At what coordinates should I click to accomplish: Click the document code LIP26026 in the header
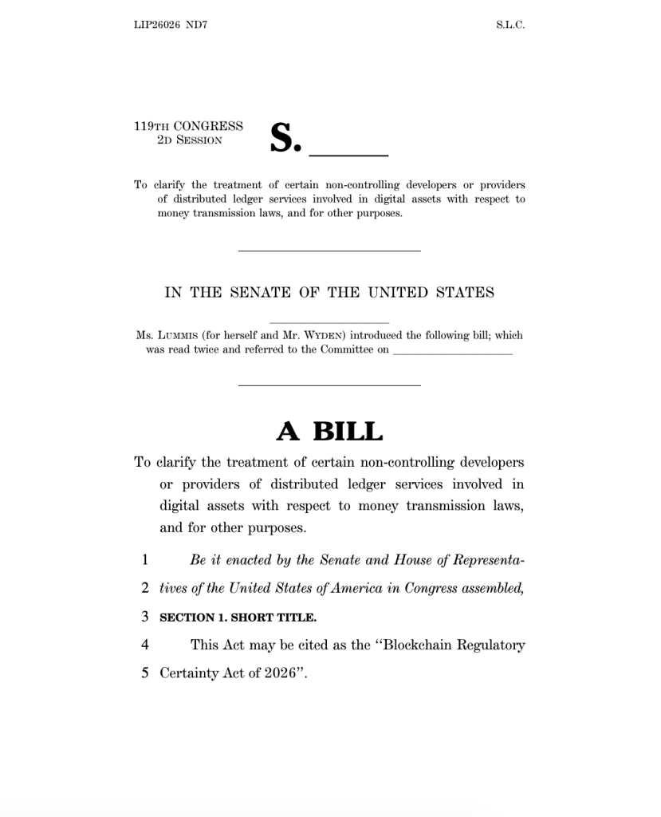click(x=156, y=25)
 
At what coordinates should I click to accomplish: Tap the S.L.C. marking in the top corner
click(x=510, y=25)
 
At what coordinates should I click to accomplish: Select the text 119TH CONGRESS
click(x=188, y=126)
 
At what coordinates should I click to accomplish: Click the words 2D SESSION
click(x=190, y=140)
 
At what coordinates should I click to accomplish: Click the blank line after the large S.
click(x=348, y=152)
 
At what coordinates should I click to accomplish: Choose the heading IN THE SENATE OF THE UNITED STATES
click(x=329, y=293)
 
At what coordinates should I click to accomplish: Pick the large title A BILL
click(x=329, y=432)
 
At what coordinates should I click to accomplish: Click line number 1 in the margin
click(x=145, y=560)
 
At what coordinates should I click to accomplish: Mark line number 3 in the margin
click(x=145, y=617)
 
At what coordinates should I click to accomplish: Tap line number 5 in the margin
click(x=145, y=673)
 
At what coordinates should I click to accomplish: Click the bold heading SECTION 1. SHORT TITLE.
click(x=238, y=618)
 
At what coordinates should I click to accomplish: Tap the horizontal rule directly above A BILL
click(x=329, y=386)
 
